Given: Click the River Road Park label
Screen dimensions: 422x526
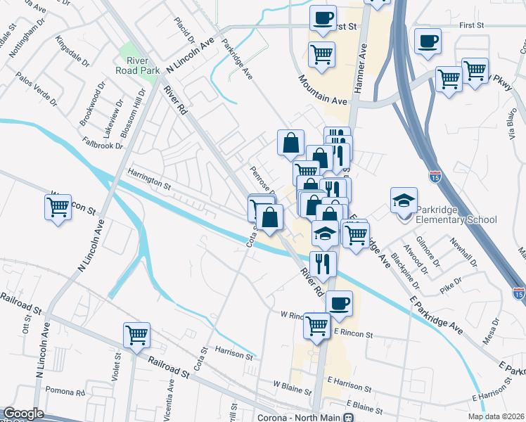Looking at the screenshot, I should (x=131, y=65).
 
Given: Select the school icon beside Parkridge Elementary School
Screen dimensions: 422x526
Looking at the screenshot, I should (x=404, y=200).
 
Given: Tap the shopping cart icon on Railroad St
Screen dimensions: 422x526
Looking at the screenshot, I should (x=136, y=335).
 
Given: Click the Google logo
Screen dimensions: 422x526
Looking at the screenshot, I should (x=23, y=414).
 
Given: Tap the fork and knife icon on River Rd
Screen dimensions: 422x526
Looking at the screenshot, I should (x=323, y=264).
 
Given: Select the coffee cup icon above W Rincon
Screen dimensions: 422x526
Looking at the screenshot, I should (x=339, y=303).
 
